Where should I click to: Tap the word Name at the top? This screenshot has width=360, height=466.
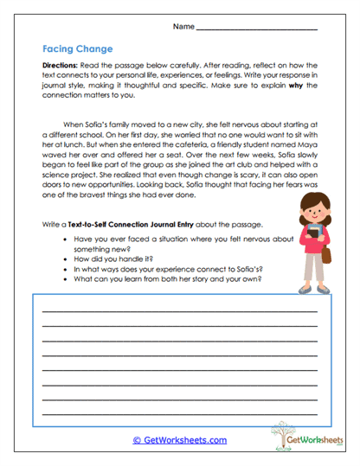coord(183,27)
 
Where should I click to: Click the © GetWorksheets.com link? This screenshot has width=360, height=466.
coord(180,440)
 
